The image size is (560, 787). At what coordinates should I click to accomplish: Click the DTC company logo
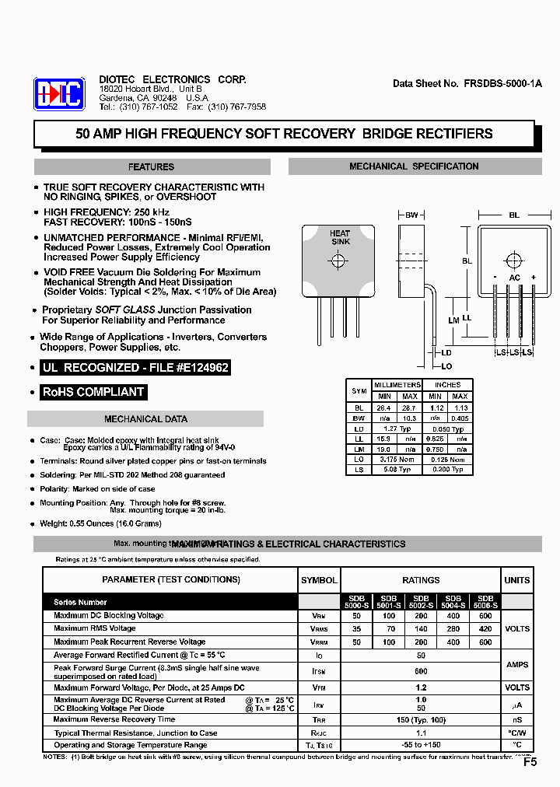[58, 94]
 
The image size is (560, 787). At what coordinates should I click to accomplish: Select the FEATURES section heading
[152, 166]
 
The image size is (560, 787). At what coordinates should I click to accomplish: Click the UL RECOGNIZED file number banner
[135, 367]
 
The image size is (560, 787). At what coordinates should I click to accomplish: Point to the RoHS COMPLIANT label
[93, 392]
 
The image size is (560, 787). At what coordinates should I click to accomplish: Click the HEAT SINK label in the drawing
[340, 238]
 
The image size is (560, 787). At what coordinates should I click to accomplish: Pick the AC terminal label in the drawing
[514, 278]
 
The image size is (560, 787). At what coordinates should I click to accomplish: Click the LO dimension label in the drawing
[446, 366]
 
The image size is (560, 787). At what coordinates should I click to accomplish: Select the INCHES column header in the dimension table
[447, 385]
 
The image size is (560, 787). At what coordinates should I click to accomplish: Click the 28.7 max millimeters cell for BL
[409, 407]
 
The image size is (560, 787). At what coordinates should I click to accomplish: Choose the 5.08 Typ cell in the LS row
[397, 470]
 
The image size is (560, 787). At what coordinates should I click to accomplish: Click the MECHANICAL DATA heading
[145, 419]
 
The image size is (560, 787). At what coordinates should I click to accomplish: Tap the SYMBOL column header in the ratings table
[319, 580]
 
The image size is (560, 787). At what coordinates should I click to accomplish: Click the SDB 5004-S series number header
[453, 601]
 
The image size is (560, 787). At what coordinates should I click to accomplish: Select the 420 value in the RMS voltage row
[485, 628]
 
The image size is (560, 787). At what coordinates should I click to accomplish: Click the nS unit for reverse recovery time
[516, 719]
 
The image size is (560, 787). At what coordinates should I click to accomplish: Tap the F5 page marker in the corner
[530, 762]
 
